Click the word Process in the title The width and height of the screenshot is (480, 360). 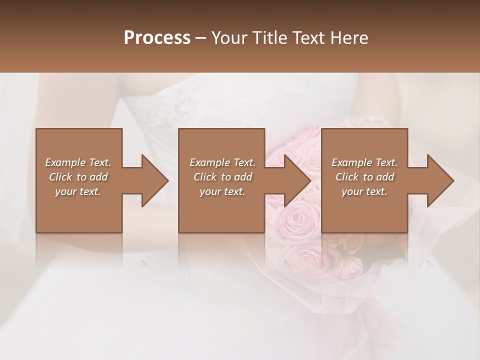click(157, 38)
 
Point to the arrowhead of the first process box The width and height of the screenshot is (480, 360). click(155, 180)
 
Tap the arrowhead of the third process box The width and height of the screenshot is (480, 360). click(440, 180)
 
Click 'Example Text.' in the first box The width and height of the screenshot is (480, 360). click(78, 162)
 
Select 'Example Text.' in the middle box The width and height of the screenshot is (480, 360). click(222, 162)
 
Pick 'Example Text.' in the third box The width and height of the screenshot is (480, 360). click(364, 162)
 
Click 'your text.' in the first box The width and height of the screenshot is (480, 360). click(78, 191)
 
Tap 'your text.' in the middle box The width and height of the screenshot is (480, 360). click(222, 191)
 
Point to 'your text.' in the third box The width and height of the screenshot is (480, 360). click(364, 191)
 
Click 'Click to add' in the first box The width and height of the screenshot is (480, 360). click(78, 177)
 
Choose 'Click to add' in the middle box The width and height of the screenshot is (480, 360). click(222, 177)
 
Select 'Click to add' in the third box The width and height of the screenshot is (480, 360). click(364, 177)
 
